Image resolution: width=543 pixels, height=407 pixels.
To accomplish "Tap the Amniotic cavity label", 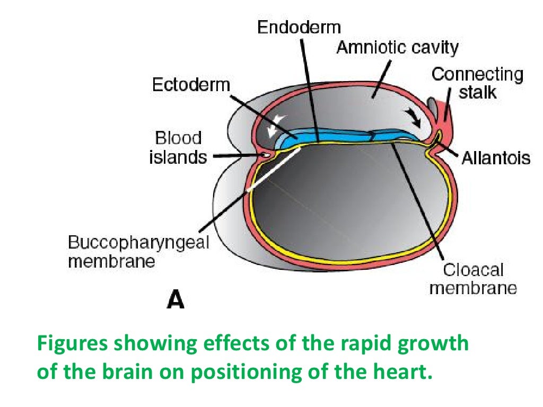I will [x=397, y=48].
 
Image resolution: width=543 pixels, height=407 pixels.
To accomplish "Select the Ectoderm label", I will [x=191, y=85].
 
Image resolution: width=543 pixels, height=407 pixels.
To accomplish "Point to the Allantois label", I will [x=495, y=158].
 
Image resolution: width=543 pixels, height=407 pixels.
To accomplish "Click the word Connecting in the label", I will [x=477, y=74].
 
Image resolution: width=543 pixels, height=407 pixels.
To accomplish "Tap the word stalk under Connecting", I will [x=477, y=92].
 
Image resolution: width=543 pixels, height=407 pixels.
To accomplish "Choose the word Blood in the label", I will [x=179, y=138].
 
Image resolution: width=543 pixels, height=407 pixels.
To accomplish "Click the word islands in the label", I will [x=178, y=157].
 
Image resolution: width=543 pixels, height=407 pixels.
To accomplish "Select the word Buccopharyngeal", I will [x=139, y=243].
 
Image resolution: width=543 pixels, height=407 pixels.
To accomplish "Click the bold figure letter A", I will [x=176, y=300].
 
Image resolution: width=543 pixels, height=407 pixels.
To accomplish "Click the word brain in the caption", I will [x=126, y=371].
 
